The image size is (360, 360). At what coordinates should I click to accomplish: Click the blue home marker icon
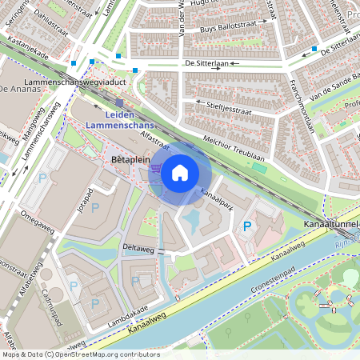click(x=180, y=172)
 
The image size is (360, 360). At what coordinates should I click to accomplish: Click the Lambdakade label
click(x=126, y=315)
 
